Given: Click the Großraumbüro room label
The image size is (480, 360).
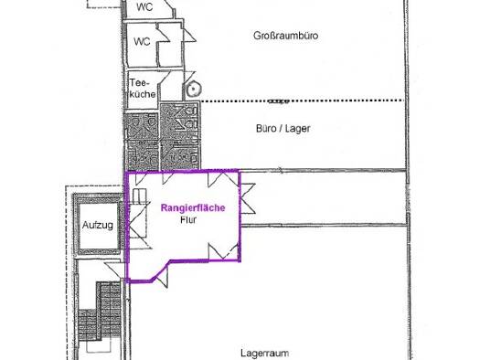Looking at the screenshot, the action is (285, 36).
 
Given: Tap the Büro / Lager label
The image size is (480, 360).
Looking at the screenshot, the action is (283, 129).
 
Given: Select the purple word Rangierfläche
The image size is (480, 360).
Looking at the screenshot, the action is (193, 208).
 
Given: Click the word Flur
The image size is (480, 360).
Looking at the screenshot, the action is (188, 219).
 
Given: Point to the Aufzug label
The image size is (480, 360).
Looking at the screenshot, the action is (98, 226).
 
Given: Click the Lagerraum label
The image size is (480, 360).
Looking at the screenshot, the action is (265, 353).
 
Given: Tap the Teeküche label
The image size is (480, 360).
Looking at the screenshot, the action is (142, 88).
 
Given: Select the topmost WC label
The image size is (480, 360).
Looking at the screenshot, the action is (144, 6).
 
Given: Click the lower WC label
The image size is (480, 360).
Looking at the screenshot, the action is (142, 41).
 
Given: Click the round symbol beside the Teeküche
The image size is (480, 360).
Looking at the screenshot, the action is (193, 89).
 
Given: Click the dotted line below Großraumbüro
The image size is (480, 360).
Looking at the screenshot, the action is (302, 101).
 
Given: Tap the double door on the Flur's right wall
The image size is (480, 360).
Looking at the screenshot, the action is (248, 198).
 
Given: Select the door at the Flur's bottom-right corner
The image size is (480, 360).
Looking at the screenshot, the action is (223, 251).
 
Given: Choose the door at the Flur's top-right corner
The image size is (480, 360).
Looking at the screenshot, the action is (223, 179).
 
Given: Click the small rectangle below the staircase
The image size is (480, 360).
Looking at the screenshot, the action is (98, 346).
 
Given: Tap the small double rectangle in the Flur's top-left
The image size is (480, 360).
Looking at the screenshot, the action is (140, 196).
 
